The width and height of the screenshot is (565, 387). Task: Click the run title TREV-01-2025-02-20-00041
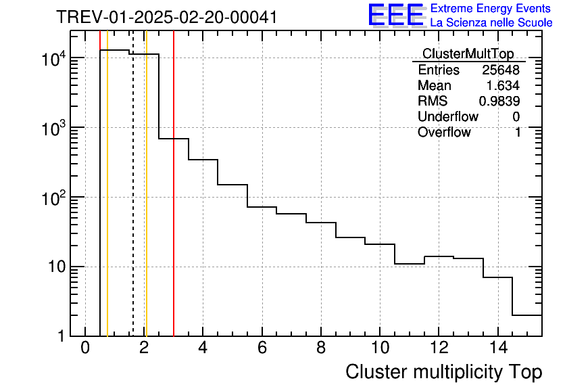coord(166,17)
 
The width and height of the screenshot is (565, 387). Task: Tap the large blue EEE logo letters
coord(395,15)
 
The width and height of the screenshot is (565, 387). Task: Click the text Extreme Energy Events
coord(491,9)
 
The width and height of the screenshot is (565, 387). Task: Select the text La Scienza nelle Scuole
coord(491,23)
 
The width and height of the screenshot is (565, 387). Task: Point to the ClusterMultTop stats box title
coord(468,54)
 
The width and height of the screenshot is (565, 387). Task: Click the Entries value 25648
coord(501,70)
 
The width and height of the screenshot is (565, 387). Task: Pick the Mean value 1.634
coord(503,86)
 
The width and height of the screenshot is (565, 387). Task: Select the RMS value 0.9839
coord(499,101)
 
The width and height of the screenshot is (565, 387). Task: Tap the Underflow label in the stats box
coord(447,117)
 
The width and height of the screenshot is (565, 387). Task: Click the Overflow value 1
coord(518,133)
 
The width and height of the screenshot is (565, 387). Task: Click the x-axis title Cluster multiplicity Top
coord(443,372)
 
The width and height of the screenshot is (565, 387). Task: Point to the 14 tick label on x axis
coord(497,348)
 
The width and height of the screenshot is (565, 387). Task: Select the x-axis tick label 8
coord(320,348)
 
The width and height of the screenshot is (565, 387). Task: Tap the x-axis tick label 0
coord(85,348)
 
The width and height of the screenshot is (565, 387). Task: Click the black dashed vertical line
coord(132,203)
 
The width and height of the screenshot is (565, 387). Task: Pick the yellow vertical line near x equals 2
coord(146,203)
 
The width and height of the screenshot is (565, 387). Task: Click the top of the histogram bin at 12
coord(439,257)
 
